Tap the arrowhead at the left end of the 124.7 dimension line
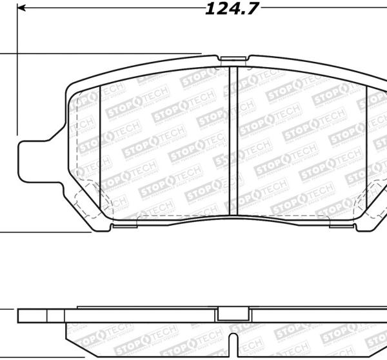pyautogui.click(x=21, y=9)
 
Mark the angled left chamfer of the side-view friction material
pyautogui.click(x=70, y=335)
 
